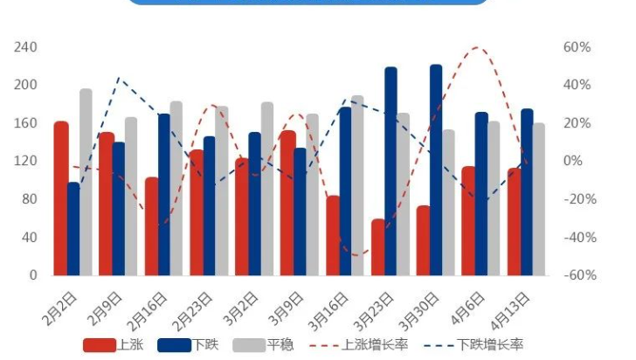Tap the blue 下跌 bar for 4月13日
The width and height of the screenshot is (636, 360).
point(527,192)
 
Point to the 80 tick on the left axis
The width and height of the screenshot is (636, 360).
point(29,199)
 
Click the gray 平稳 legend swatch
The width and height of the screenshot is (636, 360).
point(248,345)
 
